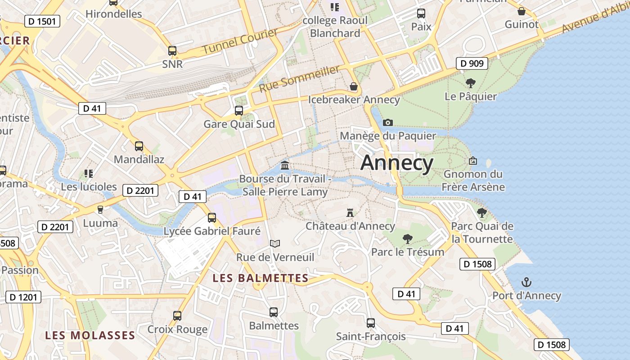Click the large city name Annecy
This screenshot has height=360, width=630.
[397, 162]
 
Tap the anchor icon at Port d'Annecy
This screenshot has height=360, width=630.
[526, 283]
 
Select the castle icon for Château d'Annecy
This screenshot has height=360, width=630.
[350, 212]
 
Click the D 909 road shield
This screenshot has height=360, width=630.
[472, 63]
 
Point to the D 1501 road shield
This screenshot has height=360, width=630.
[42, 21]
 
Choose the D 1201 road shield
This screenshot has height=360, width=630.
[23, 297]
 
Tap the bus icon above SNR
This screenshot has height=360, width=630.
[172, 51]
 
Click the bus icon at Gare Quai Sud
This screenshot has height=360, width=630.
[239, 110]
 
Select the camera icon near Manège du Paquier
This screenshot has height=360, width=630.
[388, 122]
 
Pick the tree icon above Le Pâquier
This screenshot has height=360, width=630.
[471, 83]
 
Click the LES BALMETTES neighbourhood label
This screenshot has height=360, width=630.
[261, 278]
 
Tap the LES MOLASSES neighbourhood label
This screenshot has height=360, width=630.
[90, 335]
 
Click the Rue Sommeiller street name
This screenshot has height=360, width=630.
[299, 78]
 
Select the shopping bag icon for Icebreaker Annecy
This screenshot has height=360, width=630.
[354, 86]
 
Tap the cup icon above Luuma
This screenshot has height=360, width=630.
[100, 209]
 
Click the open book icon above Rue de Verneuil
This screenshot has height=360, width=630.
[275, 243]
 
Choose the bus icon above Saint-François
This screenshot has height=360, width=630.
[371, 323]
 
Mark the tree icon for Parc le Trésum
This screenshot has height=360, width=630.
[408, 238]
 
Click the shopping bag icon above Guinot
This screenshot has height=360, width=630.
[522, 11]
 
